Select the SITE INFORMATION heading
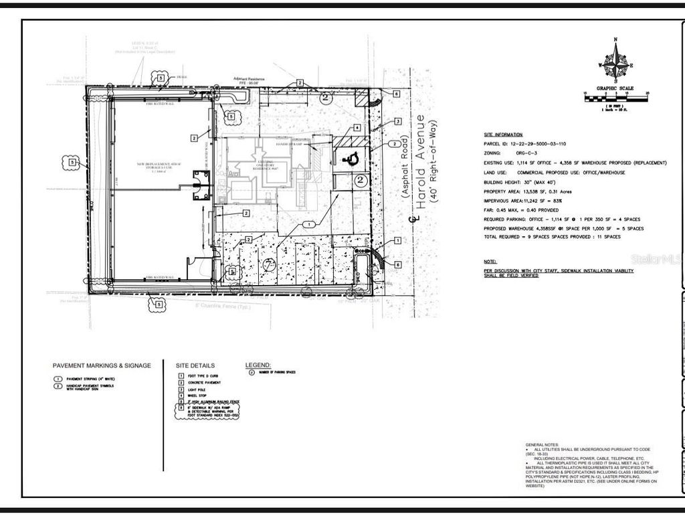click(502, 135)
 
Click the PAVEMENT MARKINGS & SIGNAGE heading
click(102, 365)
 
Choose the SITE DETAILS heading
click(195, 365)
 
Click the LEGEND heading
click(258, 365)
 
